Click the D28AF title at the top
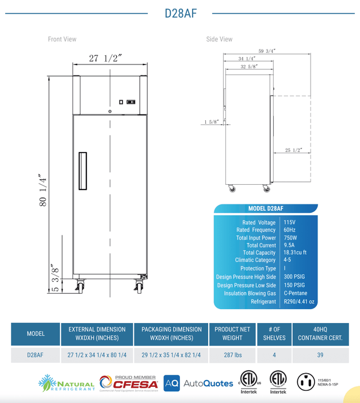[x=181, y=14]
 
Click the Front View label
[x=62, y=39]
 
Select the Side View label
[x=219, y=39]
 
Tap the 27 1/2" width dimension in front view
[x=106, y=58]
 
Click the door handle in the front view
[x=83, y=171]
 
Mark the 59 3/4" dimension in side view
[x=267, y=51]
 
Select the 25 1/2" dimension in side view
[x=293, y=150]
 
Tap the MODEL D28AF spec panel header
[x=266, y=208]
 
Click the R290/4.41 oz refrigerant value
[x=300, y=301]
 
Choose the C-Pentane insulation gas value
[x=296, y=293]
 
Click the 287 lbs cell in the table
[x=232, y=355]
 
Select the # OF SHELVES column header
[x=274, y=334]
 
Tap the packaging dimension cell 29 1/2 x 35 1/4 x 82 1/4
[x=171, y=355]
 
